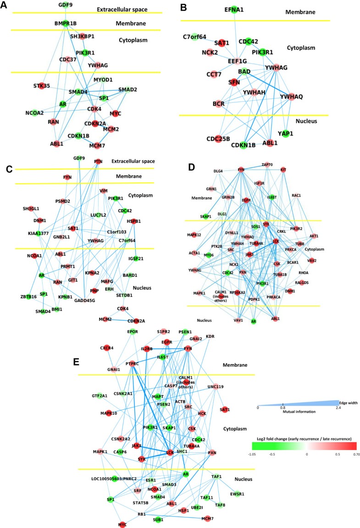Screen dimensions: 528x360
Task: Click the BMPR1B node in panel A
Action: click(x=66, y=23)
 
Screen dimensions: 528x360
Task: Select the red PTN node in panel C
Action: click(x=97, y=161)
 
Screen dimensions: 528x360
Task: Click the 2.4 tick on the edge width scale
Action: click(x=339, y=407)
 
